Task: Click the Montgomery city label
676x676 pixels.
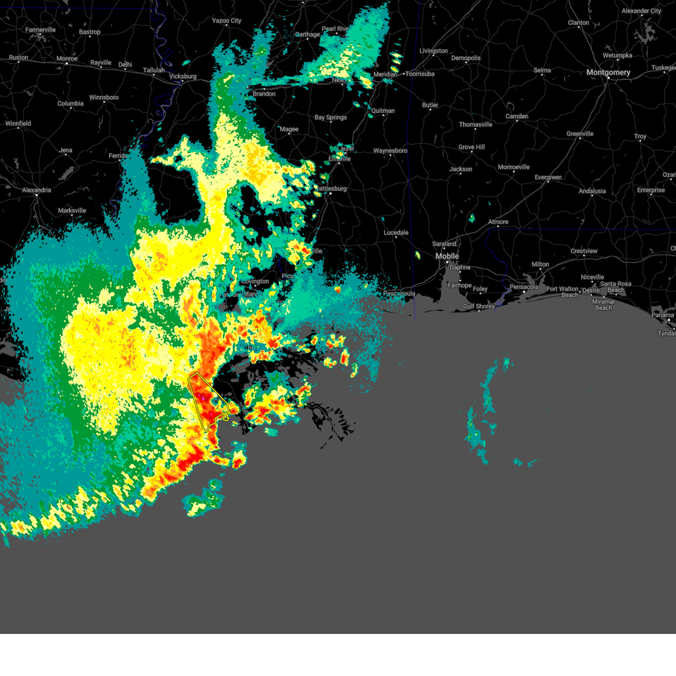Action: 608,73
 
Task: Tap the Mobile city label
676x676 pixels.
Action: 447,256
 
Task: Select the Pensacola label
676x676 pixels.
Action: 524,287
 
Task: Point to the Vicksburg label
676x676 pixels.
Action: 183,77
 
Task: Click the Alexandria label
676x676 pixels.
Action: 37,190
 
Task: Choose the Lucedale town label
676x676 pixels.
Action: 396,233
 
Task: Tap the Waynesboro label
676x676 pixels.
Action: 390,151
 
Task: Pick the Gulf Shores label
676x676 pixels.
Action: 479,306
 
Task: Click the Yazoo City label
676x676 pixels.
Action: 226,21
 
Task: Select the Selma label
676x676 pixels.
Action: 542,70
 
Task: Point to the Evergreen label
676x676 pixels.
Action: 548,177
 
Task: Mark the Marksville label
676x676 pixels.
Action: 72,211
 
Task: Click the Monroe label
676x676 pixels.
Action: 67,59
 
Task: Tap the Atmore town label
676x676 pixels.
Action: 498,222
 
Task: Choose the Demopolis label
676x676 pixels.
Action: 466,58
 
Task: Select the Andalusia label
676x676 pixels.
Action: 592,191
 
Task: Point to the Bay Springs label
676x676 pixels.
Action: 331,118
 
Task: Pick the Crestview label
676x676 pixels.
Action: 584,251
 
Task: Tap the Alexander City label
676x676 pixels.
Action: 641,11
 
